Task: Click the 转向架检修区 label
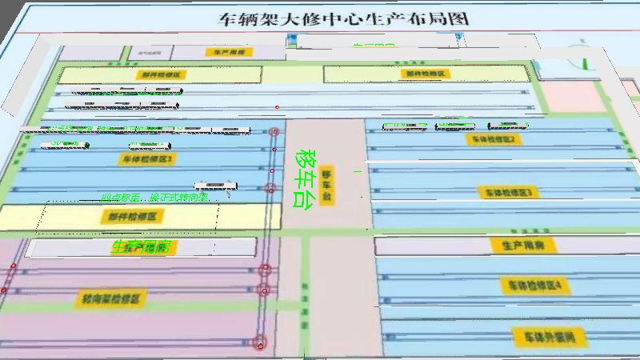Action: (111, 299)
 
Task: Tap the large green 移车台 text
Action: (304, 179)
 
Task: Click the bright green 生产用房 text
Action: (142, 247)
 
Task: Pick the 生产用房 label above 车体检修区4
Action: (518, 245)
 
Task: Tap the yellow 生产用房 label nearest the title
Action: (230, 52)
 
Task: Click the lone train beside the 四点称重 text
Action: (216, 186)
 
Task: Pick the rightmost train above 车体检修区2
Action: (508, 126)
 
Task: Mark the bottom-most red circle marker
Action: (258, 343)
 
